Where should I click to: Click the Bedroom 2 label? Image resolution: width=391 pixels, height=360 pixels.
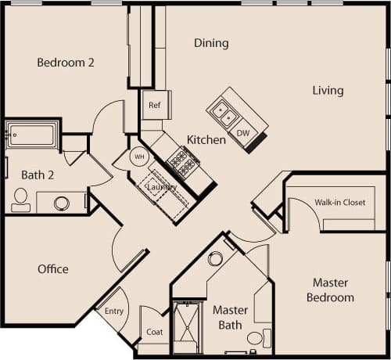point(66,63)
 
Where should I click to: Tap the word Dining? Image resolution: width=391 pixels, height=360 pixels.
point(211,43)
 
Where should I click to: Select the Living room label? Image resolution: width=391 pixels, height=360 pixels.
point(328,91)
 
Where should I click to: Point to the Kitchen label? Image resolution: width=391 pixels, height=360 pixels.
point(206,140)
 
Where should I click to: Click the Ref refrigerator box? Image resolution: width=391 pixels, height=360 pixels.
point(153,104)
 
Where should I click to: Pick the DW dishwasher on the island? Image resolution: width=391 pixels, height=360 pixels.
point(243,133)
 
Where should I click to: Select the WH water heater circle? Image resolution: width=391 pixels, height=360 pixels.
point(138,157)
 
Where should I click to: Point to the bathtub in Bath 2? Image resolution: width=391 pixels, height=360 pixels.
point(31,135)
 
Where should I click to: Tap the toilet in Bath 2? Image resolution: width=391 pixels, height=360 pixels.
point(20,200)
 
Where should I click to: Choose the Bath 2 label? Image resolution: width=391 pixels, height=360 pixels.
point(38,175)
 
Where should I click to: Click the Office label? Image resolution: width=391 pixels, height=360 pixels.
point(53,269)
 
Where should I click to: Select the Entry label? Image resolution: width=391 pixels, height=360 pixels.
point(114,311)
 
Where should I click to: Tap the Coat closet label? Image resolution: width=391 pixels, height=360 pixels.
point(155,331)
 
